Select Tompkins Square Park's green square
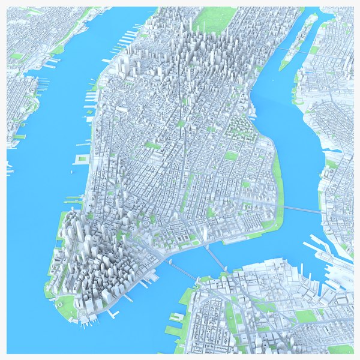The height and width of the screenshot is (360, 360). (231, 156)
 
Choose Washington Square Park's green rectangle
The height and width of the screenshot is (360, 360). (153, 145)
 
